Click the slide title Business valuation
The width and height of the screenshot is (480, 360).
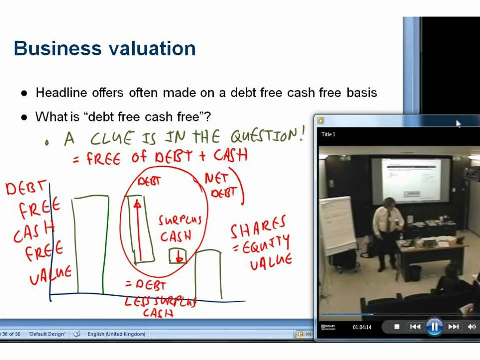(x=105, y=49)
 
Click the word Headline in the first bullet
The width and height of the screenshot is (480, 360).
(x=61, y=93)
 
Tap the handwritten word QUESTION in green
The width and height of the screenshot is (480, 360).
(x=267, y=136)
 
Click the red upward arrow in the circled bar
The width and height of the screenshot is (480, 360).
(x=138, y=230)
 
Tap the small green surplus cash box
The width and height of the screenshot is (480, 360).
(x=178, y=256)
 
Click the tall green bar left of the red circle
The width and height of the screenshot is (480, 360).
(x=90, y=245)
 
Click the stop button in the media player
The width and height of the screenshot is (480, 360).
(x=397, y=327)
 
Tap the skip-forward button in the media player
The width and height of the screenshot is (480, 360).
(x=453, y=327)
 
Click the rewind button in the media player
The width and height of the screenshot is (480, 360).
(x=415, y=327)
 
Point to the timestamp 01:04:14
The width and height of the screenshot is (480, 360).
(x=362, y=327)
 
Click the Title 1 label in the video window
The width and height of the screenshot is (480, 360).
(x=328, y=134)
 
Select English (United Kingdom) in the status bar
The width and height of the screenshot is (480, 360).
(x=116, y=334)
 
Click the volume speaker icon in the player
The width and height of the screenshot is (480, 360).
(x=472, y=327)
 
